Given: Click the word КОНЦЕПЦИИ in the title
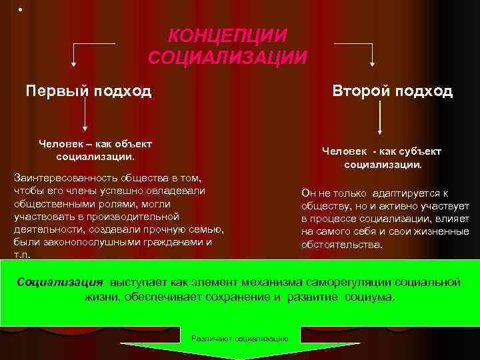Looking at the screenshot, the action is coord(227,35).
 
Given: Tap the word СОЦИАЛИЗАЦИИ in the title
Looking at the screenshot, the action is coord(227,57).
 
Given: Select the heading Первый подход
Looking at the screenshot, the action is coord(89,91).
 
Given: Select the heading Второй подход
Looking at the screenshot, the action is coord(393,91).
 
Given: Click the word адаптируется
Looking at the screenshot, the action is coord(402,193).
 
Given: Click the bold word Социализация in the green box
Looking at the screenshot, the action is coord(60,281).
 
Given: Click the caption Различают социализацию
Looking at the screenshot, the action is coord(239,339).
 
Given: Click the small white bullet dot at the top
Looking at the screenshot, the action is coord(20,9).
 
